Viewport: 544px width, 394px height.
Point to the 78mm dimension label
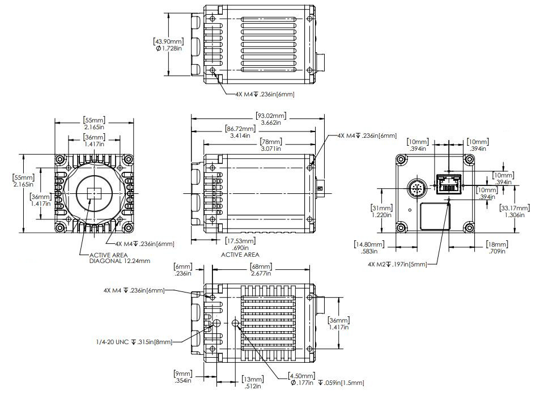(x=270, y=145)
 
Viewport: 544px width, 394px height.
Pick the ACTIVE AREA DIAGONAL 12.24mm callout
(x=120, y=258)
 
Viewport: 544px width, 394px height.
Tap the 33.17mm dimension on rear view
(x=515, y=211)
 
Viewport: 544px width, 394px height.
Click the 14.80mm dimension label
(x=369, y=248)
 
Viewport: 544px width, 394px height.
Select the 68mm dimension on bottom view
(x=260, y=270)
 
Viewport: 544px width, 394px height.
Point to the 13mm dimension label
(x=252, y=383)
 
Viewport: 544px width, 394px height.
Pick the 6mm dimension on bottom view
(x=183, y=270)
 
